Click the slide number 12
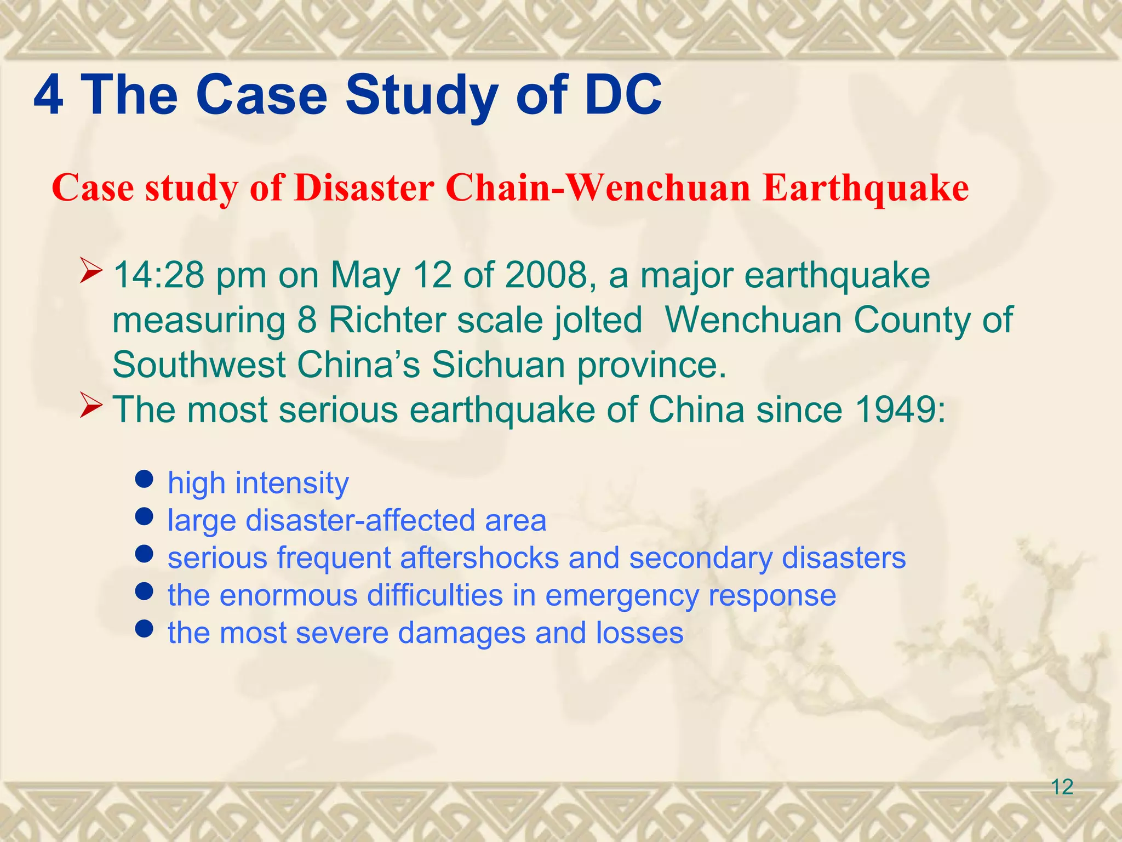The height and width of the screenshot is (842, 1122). coord(1062,787)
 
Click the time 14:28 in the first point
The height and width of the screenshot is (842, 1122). coord(158,275)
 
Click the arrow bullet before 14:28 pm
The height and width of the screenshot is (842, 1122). coord(91,271)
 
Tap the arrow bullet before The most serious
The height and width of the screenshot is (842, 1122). coord(91,406)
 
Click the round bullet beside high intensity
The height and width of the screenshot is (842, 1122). coord(144,480)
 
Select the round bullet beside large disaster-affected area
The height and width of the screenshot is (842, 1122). coord(144,517)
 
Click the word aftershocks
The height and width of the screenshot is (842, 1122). coord(479,558)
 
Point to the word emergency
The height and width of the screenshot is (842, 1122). coord(622,596)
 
